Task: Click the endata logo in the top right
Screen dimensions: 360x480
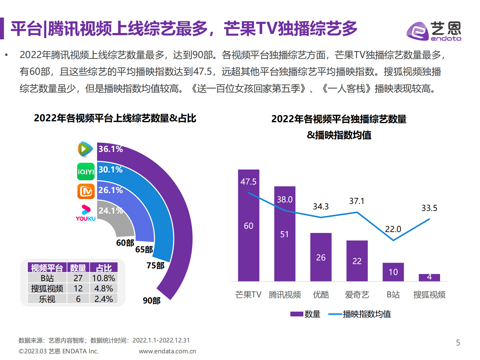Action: pos(433,31)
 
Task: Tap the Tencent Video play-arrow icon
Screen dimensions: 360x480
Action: pos(86,149)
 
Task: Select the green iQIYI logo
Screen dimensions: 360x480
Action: pos(86,172)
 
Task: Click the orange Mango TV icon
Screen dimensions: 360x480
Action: pos(86,191)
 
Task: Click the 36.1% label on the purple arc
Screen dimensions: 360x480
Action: pos(110,149)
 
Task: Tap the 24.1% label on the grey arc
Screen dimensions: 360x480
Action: pos(110,211)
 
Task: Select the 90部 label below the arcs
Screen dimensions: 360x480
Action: pos(152,300)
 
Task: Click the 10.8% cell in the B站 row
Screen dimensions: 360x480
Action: pos(103,278)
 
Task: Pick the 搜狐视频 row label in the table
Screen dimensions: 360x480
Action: pos(47,289)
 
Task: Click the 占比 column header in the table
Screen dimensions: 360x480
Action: pos(103,268)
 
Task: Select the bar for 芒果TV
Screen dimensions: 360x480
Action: pos(248,225)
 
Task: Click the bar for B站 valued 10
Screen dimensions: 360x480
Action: pos(393,272)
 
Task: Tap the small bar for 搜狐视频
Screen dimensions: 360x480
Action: pos(429,277)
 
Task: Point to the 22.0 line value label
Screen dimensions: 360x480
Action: pos(393,229)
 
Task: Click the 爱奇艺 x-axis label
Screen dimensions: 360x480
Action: pos(357,294)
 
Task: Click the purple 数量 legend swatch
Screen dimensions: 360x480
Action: pos(296,314)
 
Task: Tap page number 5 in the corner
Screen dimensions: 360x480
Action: pos(458,342)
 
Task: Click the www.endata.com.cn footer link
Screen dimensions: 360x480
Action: pos(167,351)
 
